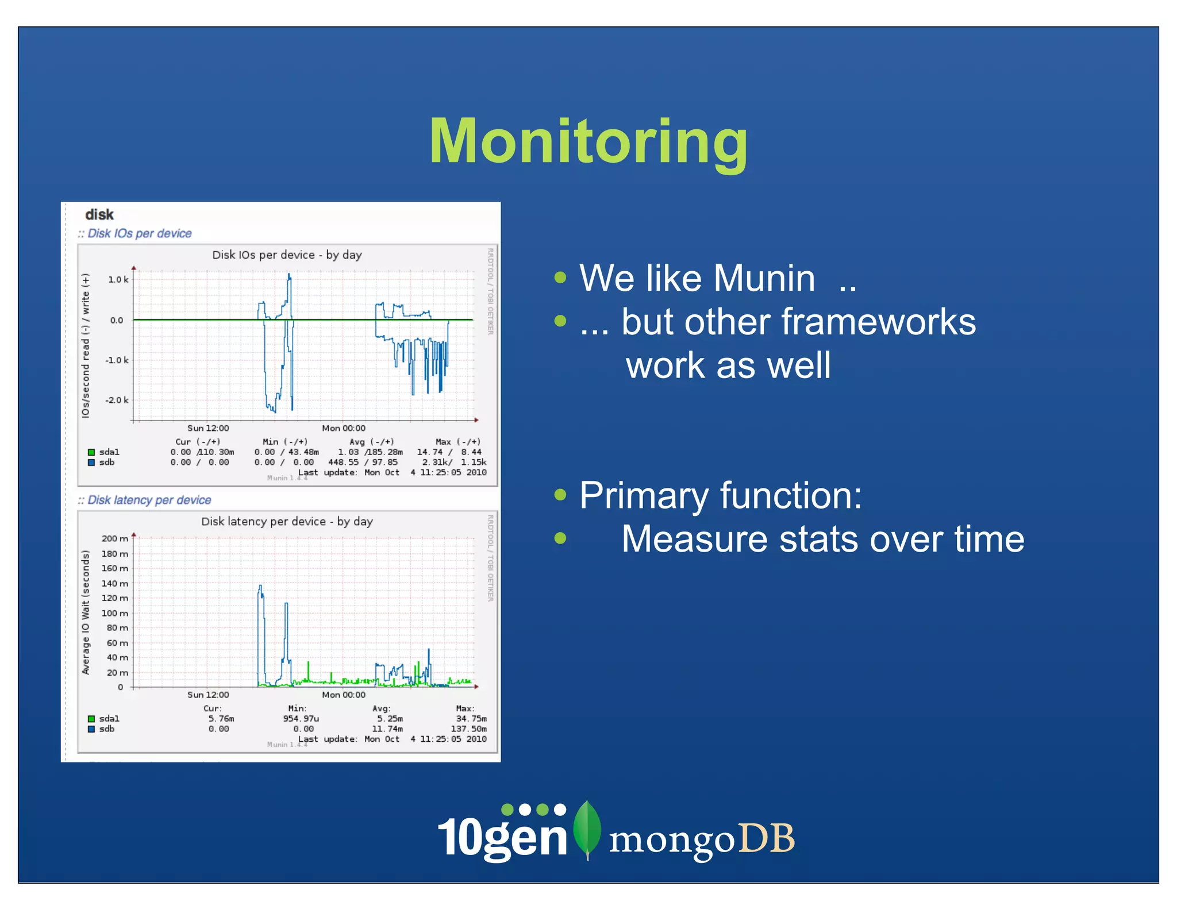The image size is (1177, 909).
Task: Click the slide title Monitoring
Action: tap(588, 141)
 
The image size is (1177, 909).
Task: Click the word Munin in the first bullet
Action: tap(764, 279)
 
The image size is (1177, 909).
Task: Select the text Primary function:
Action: tap(721, 495)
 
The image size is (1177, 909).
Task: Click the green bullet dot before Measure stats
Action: tap(560, 538)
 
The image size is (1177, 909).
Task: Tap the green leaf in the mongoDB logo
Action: tap(587, 827)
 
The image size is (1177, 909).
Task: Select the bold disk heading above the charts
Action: tap(99, 215)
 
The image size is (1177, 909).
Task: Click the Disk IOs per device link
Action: tap(139, 233)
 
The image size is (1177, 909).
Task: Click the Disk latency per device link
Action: tap(149, 500)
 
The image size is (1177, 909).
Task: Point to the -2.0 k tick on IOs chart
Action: tap(117, 400)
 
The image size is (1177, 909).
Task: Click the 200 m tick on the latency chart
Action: tap(114, 538)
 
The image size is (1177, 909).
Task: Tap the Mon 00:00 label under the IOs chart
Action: tap(343, 428)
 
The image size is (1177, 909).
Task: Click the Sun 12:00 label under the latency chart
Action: tap(208, 695)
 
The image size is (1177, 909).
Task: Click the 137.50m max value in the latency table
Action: tap(468, 729)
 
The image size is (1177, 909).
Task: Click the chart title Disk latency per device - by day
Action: tap(287, 522)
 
